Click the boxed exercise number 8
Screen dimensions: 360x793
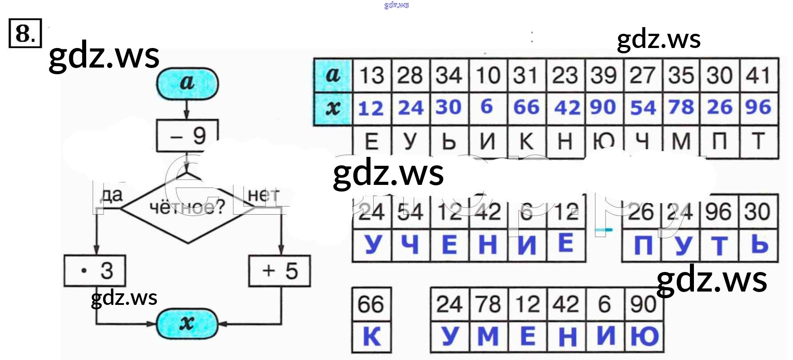[x=25, y=33]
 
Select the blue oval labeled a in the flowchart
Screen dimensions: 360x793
[x=187, y=83]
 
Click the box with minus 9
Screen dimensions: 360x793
[x=187, y=136]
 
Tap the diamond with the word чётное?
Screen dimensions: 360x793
[x=187, y=207]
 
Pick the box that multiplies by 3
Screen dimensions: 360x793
[x=95, y=271]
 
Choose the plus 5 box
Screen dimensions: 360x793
[x=279, y=271]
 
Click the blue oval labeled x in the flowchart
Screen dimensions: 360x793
[x=187, y=324]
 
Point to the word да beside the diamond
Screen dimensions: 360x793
[x=112, y=195]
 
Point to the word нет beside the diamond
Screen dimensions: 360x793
[x=264, y=195]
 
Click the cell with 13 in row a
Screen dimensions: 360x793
[x=371, y=75]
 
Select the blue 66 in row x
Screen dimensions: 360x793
[x=526, y=108]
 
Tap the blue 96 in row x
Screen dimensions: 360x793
[x=758, y=108]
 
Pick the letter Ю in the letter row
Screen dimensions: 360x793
[x=604, y=142]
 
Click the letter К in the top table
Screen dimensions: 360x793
[x=526, y=142]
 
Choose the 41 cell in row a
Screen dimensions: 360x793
[x=758, y=75]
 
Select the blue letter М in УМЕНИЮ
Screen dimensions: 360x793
[x=488, y=337]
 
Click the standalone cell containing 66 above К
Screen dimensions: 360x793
[x=371, y=304]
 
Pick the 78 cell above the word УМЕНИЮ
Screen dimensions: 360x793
[x=488, y=304]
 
